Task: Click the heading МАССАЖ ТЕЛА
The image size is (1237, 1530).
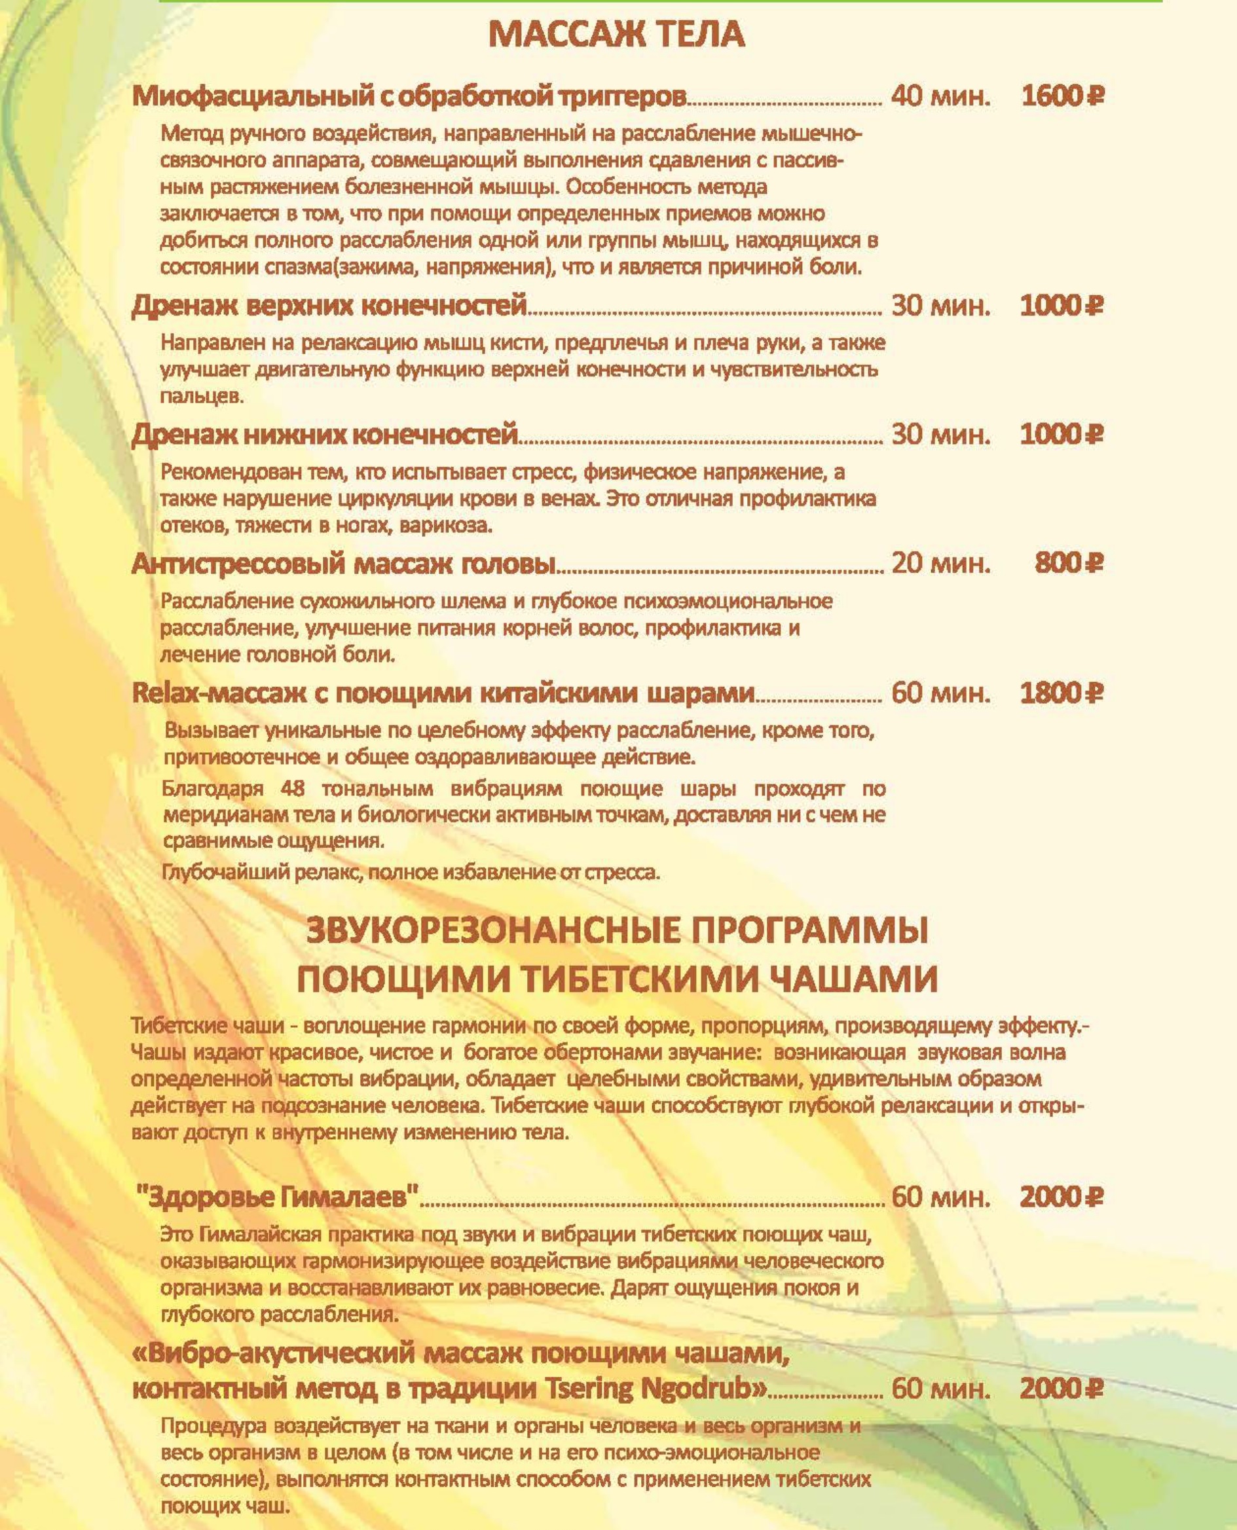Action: pyautogui.click(x=617, y=35)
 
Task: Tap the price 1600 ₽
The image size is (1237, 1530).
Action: pyautogui.click(x=1062, y=96)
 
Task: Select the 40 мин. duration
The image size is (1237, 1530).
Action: pyautogui.click(x=940, y=96)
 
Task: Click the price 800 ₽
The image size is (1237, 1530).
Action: pyautogui.click(x=1068, y=564)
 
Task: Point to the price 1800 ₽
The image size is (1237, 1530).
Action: pyautogui.click(x=1062, y=693)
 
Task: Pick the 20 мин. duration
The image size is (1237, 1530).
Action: pyautogui.click(x=940, y=564)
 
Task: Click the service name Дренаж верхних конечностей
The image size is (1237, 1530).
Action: pyautogui.click(x=329, y=306)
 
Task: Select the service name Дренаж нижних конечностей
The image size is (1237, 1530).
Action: pyautogui.click(x=324, y=434)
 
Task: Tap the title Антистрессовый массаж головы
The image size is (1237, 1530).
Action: pyautogui.click(x=343, y=564)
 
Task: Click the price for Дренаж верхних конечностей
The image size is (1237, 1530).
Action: pyautogui.click(x=1062, y=306)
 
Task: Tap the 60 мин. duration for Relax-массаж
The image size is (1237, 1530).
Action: pyautogui.click(x=940, y=693)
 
